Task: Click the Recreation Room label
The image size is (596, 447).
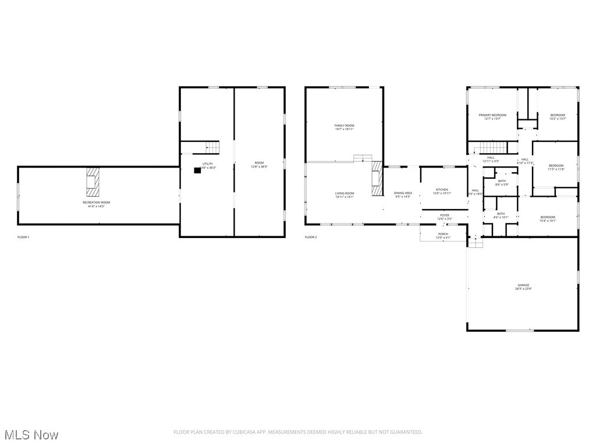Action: coord(96,202)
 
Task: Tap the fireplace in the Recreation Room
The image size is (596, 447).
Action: coord(93,181)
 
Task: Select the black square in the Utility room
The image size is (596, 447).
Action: coord(197,171)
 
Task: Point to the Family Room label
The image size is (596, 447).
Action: coord(344,126)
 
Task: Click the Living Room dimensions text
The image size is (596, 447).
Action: coord(344,197)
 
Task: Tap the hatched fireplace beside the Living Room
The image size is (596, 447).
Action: coord(377,179)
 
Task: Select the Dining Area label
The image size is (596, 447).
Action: coord(403,193)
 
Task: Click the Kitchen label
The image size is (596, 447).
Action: coord(442,190)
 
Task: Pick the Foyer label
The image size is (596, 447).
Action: coord(445,215)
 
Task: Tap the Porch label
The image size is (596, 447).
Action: coord(443,234)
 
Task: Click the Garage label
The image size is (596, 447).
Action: coord(523,285)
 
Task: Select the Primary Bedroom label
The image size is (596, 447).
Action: coord(492,115)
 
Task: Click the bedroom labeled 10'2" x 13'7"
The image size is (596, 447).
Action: coord(558,117)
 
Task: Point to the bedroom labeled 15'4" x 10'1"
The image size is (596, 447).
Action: coord(548,219)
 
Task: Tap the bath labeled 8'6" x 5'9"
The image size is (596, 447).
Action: coord(502,182)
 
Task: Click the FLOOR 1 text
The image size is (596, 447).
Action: coord(23,237)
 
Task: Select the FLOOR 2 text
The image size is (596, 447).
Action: coord(311,237)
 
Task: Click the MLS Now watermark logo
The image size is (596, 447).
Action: coord(31,435)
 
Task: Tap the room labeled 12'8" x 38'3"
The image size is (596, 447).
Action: coord(259,164)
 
